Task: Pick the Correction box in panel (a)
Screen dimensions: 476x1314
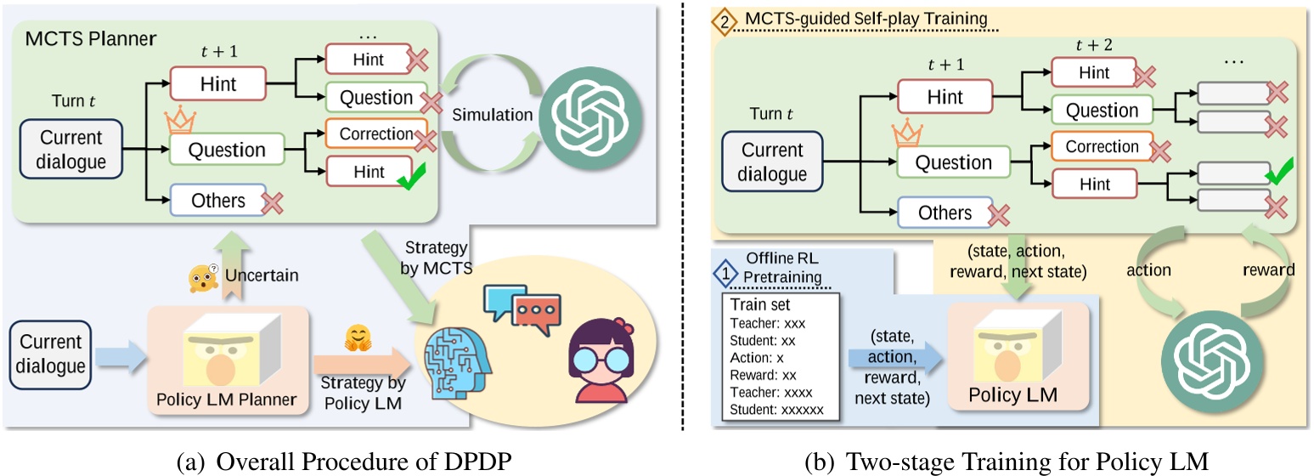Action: tap(370, 134)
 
